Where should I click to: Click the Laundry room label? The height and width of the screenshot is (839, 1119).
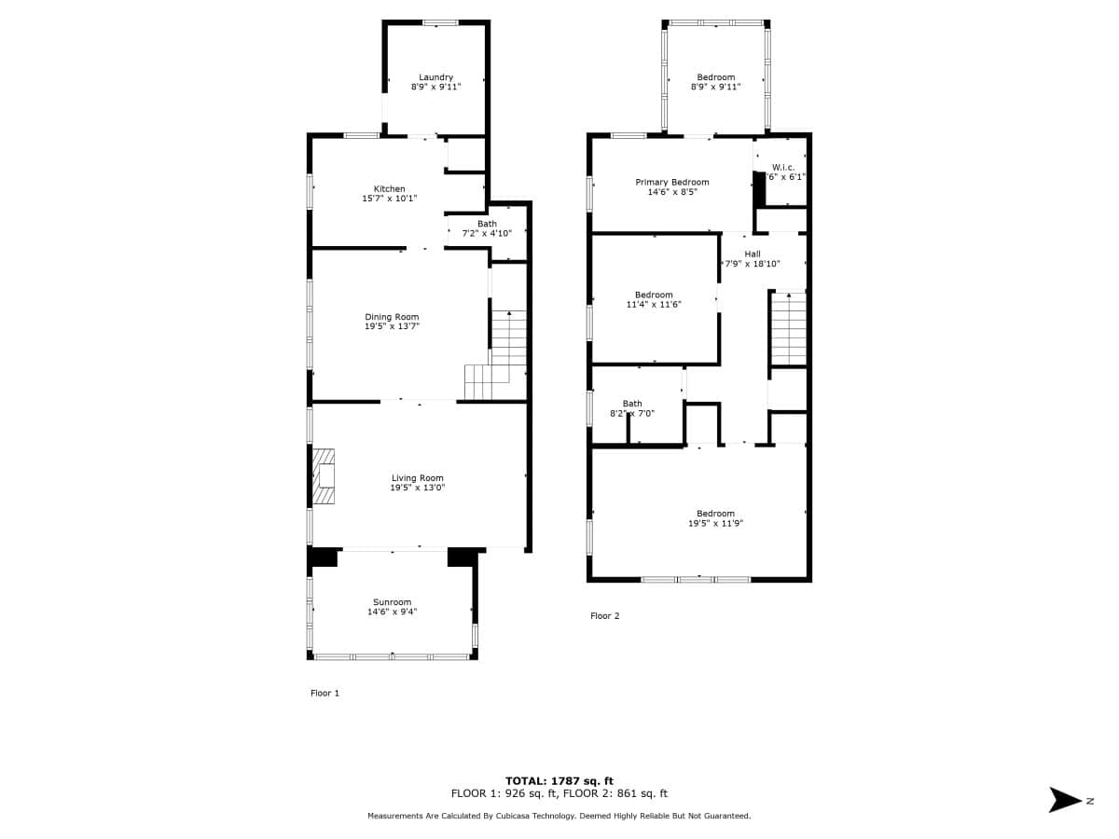(x=435, y=77)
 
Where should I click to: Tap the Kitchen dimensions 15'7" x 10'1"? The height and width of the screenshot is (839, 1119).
(x=390, y=199)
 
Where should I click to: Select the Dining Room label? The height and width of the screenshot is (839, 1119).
(x=392, y=317)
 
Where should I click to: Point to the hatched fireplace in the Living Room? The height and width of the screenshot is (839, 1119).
(x=324, y=476)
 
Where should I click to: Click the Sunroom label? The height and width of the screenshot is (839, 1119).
(x=392, y=602)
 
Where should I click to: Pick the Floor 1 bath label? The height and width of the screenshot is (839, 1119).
(x=487, y=224)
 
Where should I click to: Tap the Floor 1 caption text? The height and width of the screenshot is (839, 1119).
(x=325, y=693)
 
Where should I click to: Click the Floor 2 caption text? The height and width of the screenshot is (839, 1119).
(x=604, y=616)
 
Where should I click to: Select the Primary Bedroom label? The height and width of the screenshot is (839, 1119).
(x=672, y=183)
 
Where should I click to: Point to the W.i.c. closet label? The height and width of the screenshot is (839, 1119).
(x=783, y=167)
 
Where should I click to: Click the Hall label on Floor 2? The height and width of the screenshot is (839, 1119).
(x=753, y=254)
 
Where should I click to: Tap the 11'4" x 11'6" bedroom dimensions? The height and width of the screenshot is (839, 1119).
(x=654, y=305)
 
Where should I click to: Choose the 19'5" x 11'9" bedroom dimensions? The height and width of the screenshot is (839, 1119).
(x=716, y=523)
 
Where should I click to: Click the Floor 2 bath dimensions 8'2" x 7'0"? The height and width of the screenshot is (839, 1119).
(x=632, y=414)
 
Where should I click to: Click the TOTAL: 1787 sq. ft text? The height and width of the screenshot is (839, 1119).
(x=559, y=781)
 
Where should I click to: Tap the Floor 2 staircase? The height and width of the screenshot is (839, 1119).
(x=789, y=328)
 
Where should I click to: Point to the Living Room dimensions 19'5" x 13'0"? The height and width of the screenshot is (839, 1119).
(x=418, y=488)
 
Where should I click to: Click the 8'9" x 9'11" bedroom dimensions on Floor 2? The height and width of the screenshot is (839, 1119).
(x=716, y=87)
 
